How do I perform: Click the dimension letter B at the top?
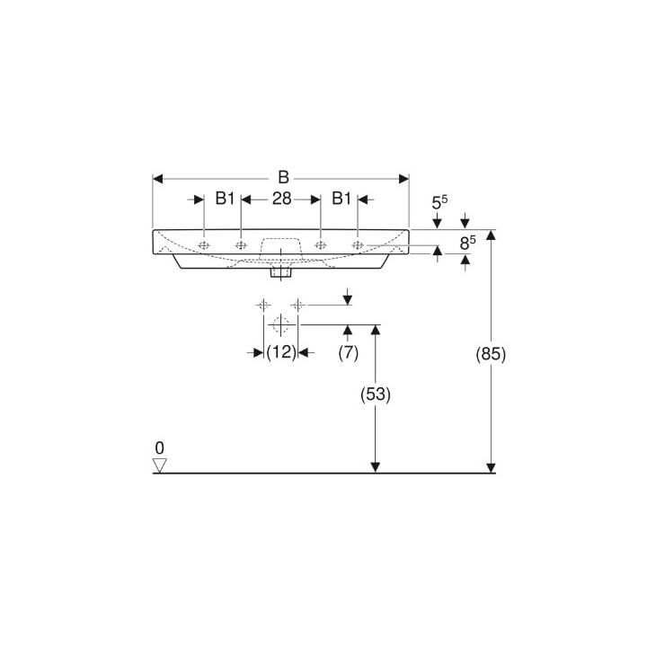point(282,177)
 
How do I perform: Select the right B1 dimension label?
point(341,199)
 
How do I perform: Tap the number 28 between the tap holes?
point(281,199)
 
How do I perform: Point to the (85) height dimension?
point(491,354)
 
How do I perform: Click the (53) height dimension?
point(376,393)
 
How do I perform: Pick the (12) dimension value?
point(281,353)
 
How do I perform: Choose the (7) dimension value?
point(348,353)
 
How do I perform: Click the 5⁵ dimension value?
point(440,204)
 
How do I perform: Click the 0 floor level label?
point(160,448)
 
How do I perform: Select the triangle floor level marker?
point(160,465)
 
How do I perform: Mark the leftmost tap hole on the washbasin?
point(205,244)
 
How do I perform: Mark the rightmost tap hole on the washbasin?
point(358,244)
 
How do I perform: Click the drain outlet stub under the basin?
point(281,269)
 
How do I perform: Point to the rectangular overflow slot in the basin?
point(280,246)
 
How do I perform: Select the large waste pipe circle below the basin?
point(280,323)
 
